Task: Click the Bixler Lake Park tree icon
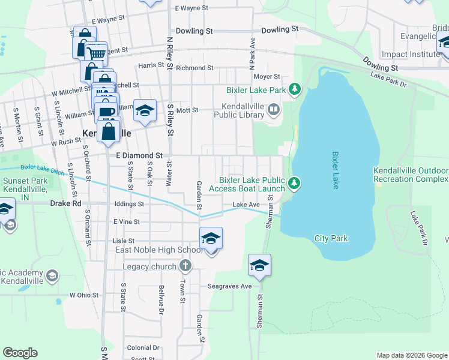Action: tap(295, 90)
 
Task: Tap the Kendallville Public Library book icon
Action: tap(273, 109)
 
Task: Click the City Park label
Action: tap(331, 238)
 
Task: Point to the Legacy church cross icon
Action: tap(186, 265)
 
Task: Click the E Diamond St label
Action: tap(139, 155)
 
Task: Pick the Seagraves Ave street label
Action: tap(230, 286)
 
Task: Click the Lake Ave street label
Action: tap(246, 205)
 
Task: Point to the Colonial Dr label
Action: tap(143, 347)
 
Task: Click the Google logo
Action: tap(20, 353)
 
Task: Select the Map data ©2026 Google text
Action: tap(411, 355)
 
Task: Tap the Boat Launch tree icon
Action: tap(294, 183)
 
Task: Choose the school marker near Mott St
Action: tap(145, 110)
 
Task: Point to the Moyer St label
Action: tap(267, 77)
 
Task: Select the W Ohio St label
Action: tap(83, 295)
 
